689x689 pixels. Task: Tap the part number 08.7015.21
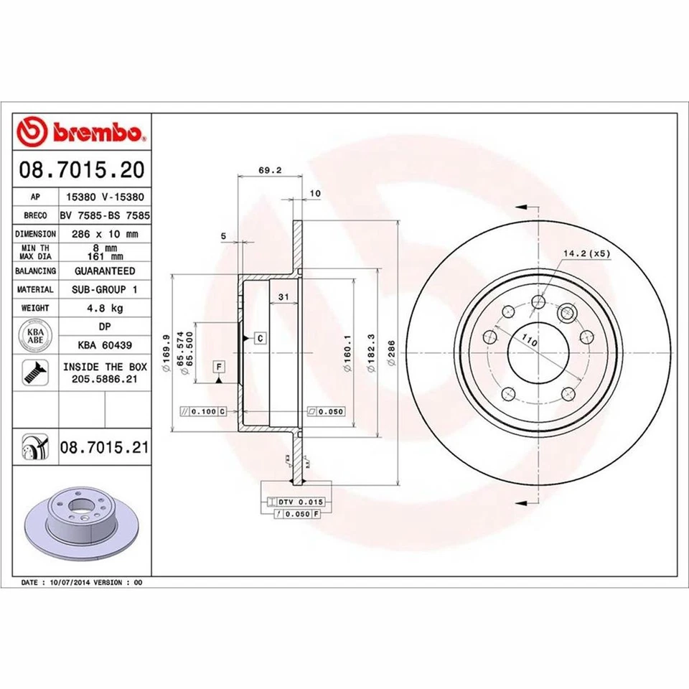[104, 448]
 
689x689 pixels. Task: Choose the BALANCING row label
[35, 271]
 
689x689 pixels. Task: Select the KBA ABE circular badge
[35, 336]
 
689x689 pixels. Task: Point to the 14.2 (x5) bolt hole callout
[586, 253]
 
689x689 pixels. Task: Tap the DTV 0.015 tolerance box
[296, 501]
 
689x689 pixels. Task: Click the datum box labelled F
[219, 367]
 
